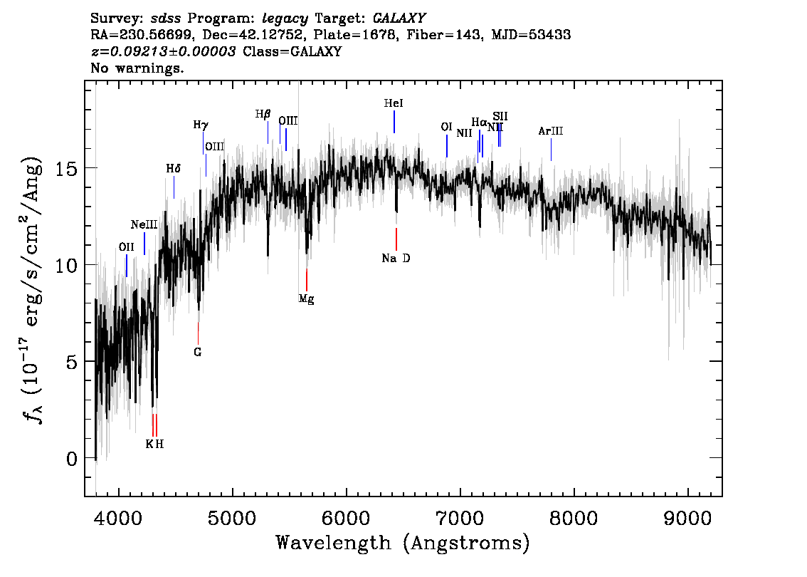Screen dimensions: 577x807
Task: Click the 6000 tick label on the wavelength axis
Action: (x=346, y=516)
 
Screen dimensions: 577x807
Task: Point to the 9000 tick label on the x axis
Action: (x=688, y=516)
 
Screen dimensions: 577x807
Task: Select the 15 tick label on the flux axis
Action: (x=65, y=168)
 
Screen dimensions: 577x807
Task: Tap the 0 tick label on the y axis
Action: (x=71, y=458)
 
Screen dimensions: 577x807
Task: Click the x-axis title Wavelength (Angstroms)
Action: (x=403, y=544)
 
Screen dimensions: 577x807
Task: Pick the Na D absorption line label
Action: (x=396, y=259)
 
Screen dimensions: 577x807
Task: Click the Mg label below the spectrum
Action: (x=306, y=299)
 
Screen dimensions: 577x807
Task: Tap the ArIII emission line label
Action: (x=551, y=131)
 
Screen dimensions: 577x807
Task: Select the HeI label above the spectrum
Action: (x=394, y=104)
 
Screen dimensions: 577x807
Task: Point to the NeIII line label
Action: (x=144, y=225)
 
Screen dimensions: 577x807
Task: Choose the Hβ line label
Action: (x=263, y=114)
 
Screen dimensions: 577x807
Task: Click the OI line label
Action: (x=446, y=128)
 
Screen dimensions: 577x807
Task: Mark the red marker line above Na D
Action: (x=396, y=238)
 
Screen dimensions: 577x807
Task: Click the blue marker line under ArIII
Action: (x=551, y=149)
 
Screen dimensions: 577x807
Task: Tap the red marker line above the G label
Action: (x=198, y=333)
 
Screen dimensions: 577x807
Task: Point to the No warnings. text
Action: (x=137, y=68)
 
